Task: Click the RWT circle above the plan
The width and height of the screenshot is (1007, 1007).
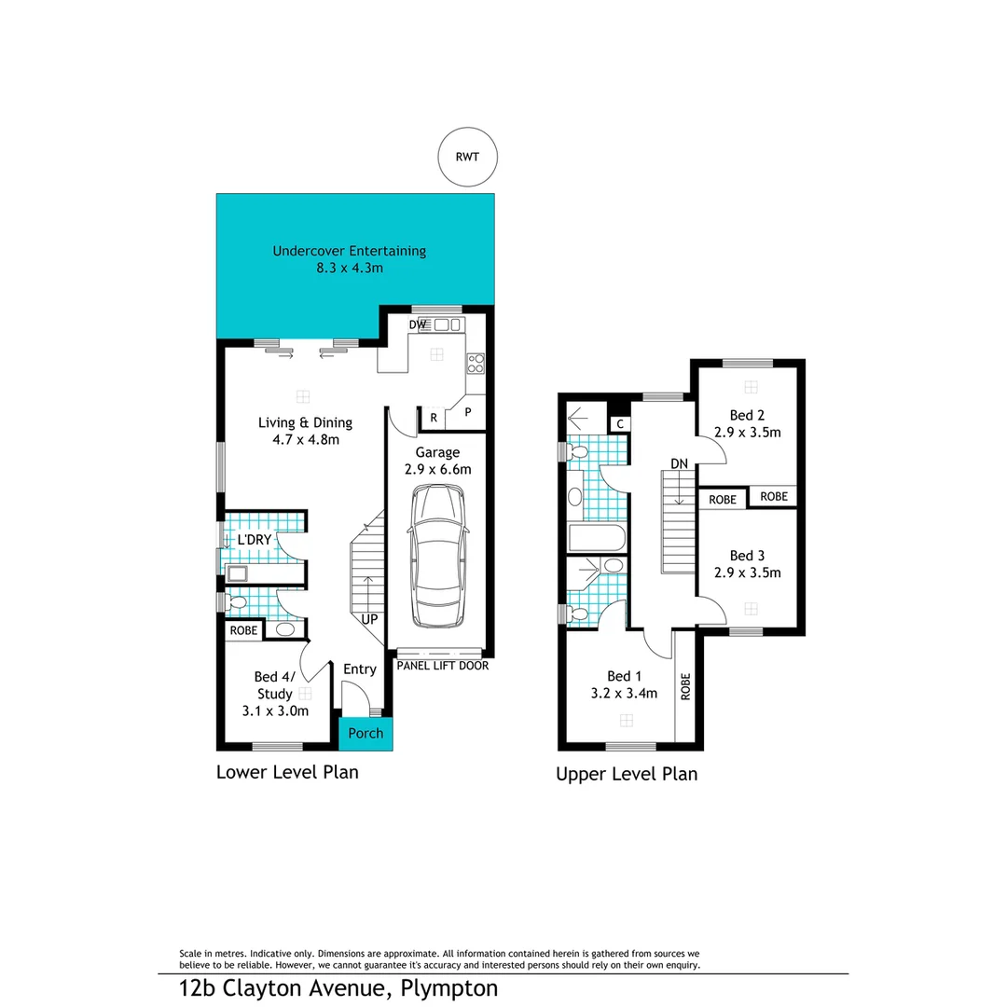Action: coord(467,157)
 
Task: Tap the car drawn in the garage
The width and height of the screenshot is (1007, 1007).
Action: coord(437,557)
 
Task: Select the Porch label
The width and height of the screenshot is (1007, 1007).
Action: coord(366,733)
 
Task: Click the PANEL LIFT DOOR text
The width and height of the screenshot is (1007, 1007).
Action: coord(442,666)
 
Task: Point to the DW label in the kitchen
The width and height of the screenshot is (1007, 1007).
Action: coord(419,324)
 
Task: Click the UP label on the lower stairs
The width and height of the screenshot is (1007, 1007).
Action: coord(369,619)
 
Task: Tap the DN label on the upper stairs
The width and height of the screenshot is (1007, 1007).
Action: coord(679,463)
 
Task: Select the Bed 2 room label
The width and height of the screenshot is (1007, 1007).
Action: coord(747,415)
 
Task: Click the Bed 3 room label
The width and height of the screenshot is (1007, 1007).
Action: coord(747,555)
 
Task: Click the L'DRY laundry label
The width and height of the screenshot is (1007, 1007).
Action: coord(254,540)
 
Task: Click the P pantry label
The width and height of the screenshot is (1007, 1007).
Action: coord(468,411)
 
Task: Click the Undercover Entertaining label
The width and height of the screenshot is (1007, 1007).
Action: coord(349,251)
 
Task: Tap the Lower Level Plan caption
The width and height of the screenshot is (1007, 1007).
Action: coord(287,772)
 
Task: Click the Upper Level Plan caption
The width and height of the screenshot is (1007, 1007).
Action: coord(627,774)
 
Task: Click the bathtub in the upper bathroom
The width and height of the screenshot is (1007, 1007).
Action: coord(596,538)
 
